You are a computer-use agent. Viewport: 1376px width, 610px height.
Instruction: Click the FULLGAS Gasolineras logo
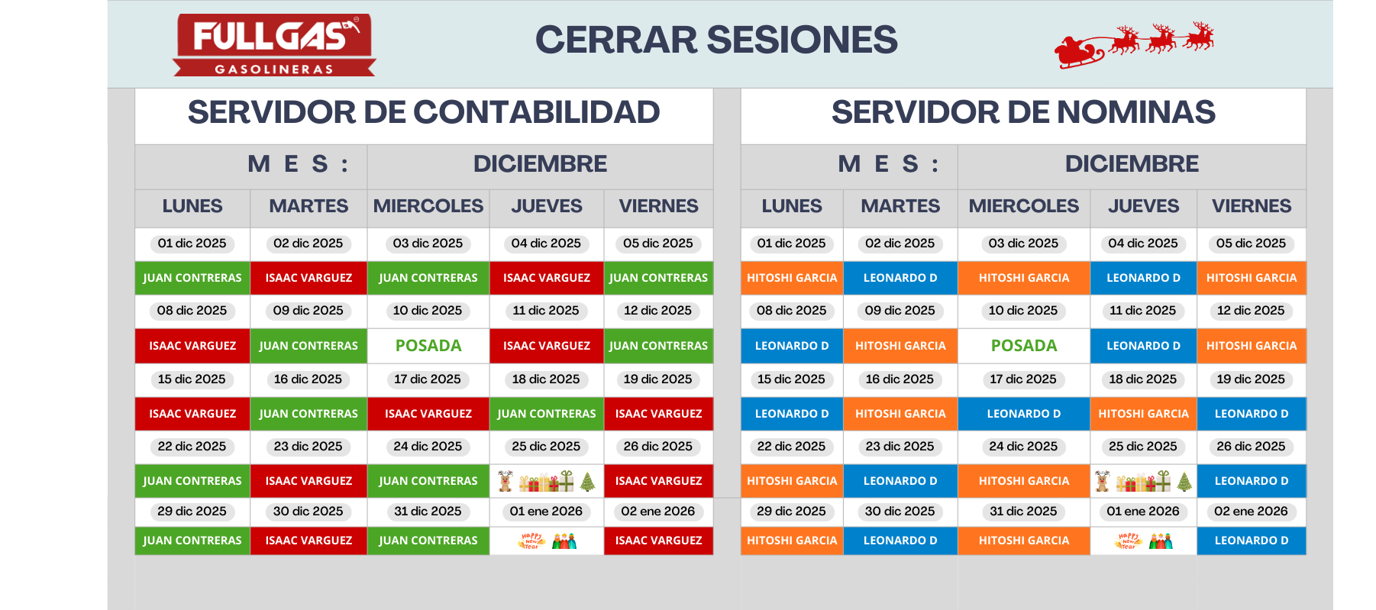point(274,44)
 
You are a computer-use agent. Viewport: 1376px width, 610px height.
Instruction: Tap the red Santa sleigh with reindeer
point(1134,45)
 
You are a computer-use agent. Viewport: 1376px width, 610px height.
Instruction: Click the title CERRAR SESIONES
point(716,40)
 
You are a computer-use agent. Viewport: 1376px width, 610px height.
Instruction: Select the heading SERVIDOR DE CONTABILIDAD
point(424,113)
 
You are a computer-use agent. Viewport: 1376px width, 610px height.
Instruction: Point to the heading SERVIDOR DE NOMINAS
point(1023,113)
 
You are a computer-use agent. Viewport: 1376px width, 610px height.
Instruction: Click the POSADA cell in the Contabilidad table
point(428,346)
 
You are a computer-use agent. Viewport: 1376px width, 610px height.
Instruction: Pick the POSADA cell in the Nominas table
point(1024,346)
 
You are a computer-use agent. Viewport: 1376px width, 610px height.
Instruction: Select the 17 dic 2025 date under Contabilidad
point(428,379)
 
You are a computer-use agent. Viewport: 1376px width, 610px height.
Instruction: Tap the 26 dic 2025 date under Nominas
point(1251,447)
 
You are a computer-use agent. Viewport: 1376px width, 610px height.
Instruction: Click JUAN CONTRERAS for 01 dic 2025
point(192,278)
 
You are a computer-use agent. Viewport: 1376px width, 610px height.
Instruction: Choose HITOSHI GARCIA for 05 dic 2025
point(1252,278)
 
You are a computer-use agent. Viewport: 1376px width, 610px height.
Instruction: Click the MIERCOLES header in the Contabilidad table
point(428,206)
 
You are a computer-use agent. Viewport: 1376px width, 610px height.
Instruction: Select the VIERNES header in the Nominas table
point(1252,206)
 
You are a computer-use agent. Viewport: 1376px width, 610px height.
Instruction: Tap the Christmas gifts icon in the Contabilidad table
point(546,481)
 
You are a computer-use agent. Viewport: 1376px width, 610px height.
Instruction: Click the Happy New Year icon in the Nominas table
point(1143,541)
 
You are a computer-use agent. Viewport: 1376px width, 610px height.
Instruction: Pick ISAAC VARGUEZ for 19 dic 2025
point(658,414)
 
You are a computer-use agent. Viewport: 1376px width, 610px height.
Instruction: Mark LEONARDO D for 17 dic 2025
point(1024,414)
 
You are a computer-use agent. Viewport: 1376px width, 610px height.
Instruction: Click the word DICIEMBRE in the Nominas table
point(1132,164)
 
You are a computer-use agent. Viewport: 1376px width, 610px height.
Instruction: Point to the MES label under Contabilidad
point(298,164)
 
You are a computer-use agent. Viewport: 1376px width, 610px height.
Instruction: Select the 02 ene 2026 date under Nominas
point(1251,512)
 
